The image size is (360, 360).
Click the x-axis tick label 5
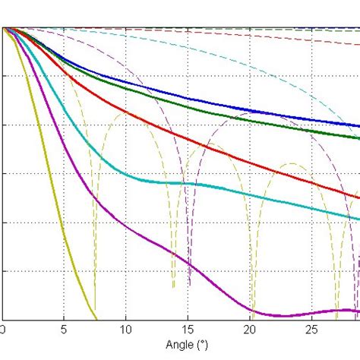point(65,330)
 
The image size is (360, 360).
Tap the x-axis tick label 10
point(126,330)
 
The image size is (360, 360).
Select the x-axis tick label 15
point(188,330)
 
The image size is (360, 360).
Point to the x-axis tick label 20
point(250,330)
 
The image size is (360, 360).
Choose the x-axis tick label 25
point(311,330)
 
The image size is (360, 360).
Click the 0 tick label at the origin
point(3,330)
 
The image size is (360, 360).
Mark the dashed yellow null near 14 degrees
point(173,286)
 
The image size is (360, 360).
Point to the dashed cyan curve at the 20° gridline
point(250,62)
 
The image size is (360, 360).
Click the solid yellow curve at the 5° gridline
point(65,258)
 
